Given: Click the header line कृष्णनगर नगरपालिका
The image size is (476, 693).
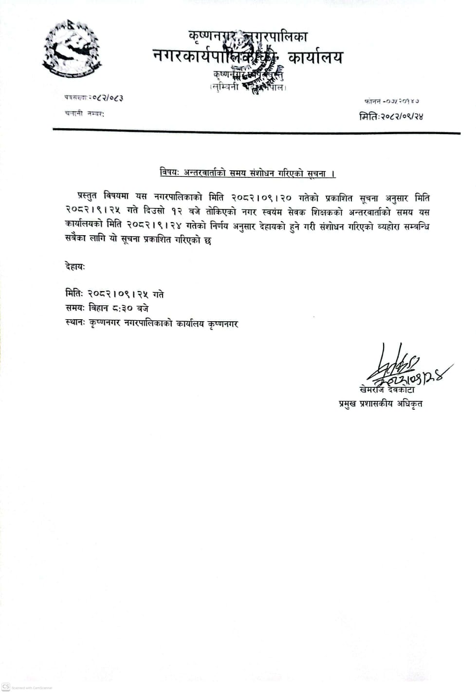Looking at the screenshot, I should point(248,36).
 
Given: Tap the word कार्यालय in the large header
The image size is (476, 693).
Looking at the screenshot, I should point(315,57).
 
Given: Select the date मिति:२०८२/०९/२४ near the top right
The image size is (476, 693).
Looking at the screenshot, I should point(391,116).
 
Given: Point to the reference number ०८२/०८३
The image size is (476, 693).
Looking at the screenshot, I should point(107,98).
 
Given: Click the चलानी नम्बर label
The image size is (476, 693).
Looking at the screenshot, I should point(84,114).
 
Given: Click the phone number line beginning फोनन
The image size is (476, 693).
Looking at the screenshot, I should point(391,101).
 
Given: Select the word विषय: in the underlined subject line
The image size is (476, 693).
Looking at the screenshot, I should point(170,173).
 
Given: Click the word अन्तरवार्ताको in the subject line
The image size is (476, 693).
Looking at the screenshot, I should point(204,173).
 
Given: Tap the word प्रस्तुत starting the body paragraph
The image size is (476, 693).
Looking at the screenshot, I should point(87,197).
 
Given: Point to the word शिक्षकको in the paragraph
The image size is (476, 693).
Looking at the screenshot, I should point(322,212).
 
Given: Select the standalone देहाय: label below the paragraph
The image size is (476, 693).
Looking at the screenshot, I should point(75,266).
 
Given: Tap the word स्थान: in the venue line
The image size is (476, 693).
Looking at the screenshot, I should point(75,323).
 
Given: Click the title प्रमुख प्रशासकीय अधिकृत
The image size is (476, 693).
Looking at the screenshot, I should point(381,403).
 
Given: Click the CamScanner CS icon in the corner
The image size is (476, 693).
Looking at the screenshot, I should point(6,686).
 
